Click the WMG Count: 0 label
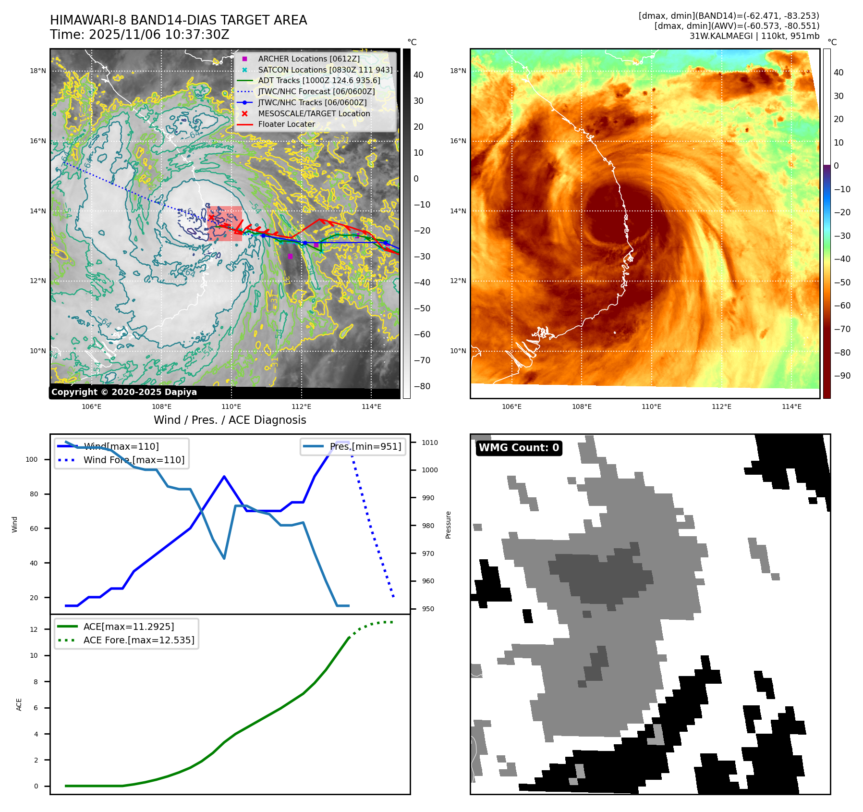(519, 448)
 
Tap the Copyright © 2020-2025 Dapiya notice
(124, 392)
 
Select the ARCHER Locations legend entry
(309, 59)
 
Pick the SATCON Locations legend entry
(325, 70)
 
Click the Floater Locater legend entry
(286, 124)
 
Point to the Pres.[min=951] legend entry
(365, 446)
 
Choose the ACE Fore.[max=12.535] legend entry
(139, 640)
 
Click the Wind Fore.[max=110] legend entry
(134, 460)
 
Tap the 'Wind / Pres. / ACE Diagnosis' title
(230, 420)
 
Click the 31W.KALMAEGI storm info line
(754, 36)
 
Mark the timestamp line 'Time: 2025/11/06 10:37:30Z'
(140, 35)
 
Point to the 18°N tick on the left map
(38, 71)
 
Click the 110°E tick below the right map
(651, 406)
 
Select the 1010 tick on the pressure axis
(430, 443)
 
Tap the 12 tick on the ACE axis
(34, 629)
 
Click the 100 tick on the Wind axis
(31, 459)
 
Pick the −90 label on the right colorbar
(842, 376)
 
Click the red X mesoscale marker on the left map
(211, 217)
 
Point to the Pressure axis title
(448, 525)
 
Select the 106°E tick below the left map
(91, 406)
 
